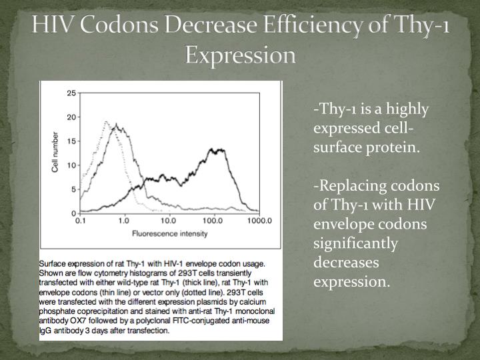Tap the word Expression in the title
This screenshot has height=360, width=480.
tap(240, 55)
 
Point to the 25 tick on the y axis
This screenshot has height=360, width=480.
tap(71, 93)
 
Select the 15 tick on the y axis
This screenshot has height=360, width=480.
tap(71, 141)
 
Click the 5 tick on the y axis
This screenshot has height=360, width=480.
tap(73, 189)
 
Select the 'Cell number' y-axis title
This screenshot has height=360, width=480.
tap(56, 153)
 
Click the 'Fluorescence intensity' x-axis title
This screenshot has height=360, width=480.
tap(169, 233)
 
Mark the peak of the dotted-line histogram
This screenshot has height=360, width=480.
tap(106, 122)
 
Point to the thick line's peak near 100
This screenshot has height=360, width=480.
tap(215, 149)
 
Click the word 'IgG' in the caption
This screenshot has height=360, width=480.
tap(47, 330)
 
